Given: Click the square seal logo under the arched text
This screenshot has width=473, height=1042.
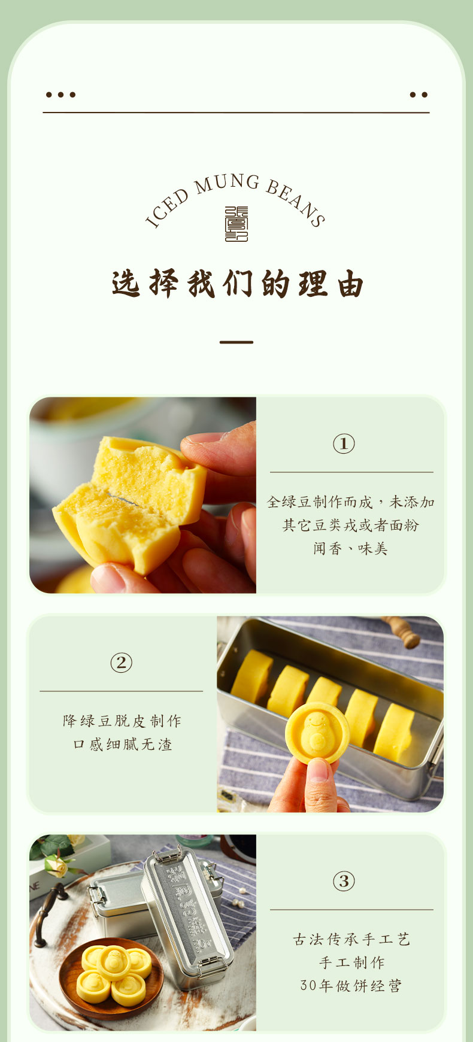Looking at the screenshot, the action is (x=236, y=224).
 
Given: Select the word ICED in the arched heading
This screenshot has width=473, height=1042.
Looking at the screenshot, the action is (x=168, y=208).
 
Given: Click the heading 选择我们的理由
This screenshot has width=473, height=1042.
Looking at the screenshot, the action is (x=238, y=284).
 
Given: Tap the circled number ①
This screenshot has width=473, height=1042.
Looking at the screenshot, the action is (x=344, y=443).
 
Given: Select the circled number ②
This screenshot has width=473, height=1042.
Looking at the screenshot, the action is (x=121, y=662).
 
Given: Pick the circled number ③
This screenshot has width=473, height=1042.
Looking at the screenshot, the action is (x=344, y=881).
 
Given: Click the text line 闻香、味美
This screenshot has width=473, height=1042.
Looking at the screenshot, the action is (x=351, y=548).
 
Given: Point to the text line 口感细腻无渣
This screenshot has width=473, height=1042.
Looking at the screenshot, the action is (x=122, y=744).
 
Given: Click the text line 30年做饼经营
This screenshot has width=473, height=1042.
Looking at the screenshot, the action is (x=351, y=985).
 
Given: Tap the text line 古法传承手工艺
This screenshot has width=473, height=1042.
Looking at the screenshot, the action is (x=351, y=939).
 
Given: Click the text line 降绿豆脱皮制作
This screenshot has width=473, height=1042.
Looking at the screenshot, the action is (x=122, y=721).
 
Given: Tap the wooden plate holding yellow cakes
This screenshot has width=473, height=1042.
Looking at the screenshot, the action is (x=111, y=979).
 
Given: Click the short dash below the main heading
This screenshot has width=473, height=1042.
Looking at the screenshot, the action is (x=236, y=342).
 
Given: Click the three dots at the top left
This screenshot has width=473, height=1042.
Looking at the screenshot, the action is (x=60, y=95).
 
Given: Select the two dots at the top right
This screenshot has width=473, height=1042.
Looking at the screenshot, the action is (x=419, y=95).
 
